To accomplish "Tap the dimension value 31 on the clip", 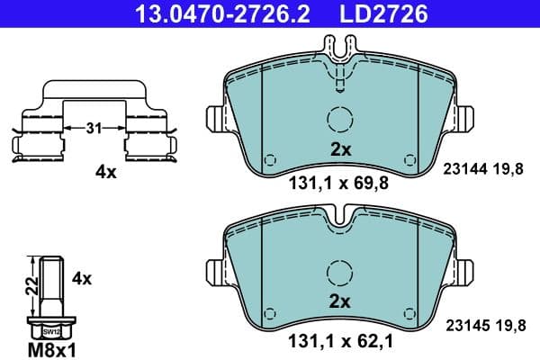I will tap(93, 128).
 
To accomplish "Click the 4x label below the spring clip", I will tap(106, 173).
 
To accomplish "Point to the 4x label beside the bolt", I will tap(81, 278).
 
